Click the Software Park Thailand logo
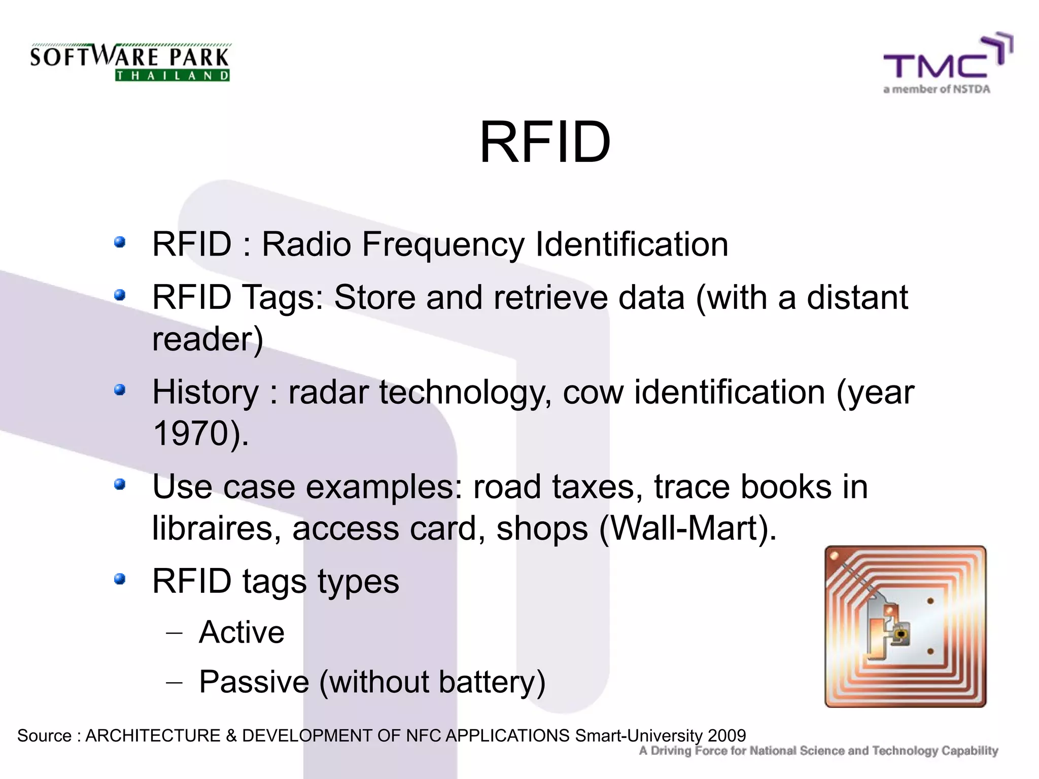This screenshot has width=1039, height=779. pos(130,62)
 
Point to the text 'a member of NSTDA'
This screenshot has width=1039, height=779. pos(937,89)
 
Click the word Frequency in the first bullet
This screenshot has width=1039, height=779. pos(443,244)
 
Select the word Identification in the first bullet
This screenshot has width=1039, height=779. pos(632,244)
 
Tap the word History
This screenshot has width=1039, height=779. pos(205,392)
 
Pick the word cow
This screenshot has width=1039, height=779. pos(593,392)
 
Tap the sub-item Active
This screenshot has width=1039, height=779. pos(241,632)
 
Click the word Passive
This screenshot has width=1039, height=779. pos(254,682)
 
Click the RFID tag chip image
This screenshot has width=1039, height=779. pos(905,626)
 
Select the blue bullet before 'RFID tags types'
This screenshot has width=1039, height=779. pos(120,579)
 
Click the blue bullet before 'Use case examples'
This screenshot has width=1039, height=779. pos(120,484)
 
